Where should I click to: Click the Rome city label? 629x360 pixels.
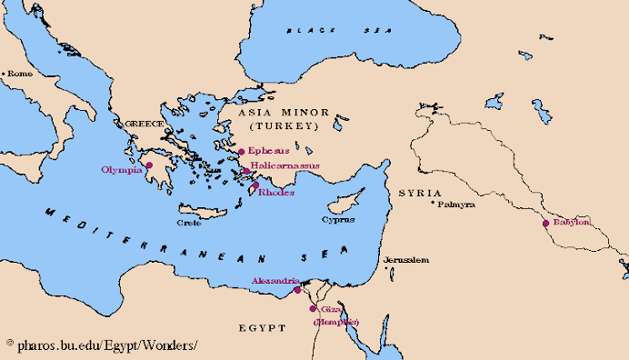(21, 74)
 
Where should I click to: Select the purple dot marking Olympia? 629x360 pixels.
(149, 165)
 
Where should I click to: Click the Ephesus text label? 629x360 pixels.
(268, 151)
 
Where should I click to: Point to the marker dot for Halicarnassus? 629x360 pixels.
(245, 170)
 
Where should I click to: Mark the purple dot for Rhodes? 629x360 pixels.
(255, 185)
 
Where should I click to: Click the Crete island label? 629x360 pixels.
(189, 221)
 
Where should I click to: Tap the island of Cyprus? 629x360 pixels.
(344, 201)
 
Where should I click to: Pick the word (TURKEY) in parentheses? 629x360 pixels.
(280, 125)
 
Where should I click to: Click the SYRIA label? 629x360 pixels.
(419, 194)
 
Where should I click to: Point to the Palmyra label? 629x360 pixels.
(456, 205)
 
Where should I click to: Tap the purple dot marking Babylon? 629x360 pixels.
(545, 223)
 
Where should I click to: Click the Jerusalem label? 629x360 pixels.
(405, 260)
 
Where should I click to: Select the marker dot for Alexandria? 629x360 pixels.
(296, 290)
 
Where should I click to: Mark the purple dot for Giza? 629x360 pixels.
(314, 309)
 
